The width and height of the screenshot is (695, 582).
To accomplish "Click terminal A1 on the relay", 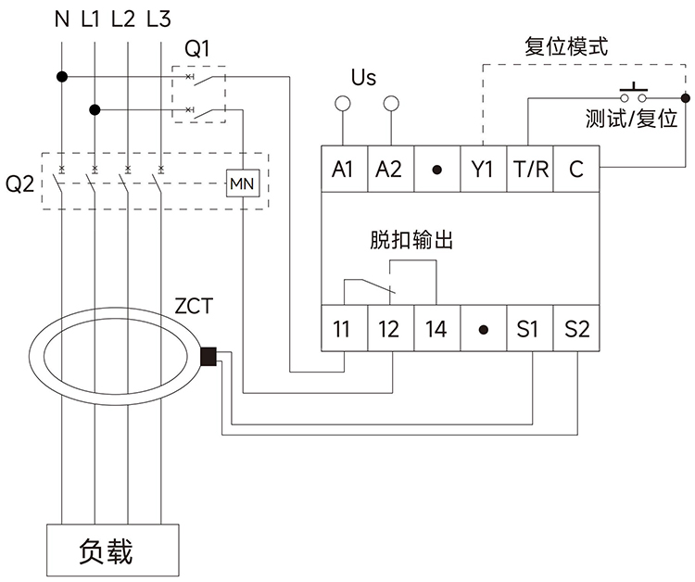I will [x=344, y=170].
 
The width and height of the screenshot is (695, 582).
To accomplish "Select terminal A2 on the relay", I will [x=390, y=170].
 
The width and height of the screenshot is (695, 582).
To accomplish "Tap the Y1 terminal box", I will [x=483, y=170].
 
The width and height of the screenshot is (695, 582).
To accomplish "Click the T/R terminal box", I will [x=530, y=170].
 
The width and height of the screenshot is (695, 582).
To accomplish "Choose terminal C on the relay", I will [x=576, y=170].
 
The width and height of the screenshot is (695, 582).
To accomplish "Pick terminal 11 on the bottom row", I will [x=344, y=329].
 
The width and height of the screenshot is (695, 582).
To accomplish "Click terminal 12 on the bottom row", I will [x=390, y=329].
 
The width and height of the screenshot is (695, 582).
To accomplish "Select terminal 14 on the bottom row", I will [x=436, y=329].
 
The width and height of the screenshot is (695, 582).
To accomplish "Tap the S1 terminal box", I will [x=530, y=329].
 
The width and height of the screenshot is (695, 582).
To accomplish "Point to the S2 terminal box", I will [x=576, y=329].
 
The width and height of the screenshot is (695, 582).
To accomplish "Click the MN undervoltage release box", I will [x=242, y=183].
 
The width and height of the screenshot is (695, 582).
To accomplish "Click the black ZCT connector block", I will [x=208, y=356].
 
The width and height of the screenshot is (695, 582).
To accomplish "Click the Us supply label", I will [x=364, y=77].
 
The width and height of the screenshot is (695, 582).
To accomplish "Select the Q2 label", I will [x=19, y=183].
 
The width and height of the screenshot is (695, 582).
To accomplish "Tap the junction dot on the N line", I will [x=61, y=77].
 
